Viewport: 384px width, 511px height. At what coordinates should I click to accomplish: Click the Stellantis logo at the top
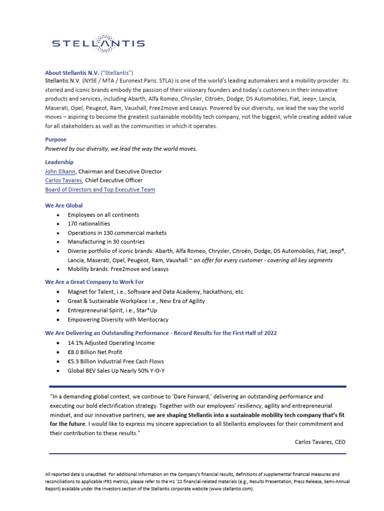point(98,43)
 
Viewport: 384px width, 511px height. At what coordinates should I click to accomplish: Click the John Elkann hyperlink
point(60,171)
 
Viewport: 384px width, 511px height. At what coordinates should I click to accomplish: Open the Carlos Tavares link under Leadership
point(63,180)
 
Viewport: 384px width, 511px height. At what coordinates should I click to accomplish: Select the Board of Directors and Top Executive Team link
point(100,189)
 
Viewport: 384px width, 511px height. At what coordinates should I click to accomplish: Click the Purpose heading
point(55,140)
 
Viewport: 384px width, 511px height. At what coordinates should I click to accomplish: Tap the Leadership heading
point(59,162)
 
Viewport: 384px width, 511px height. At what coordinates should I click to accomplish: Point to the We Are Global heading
point(64,205)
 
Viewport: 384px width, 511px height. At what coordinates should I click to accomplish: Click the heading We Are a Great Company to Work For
point(94,282)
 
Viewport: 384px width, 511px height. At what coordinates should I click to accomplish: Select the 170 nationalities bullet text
point(88,224)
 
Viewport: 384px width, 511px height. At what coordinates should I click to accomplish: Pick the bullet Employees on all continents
point(103,215)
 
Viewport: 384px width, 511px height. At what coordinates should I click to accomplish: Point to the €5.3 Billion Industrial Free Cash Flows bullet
point(115,361)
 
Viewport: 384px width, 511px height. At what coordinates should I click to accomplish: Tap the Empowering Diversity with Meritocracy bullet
point(118,319)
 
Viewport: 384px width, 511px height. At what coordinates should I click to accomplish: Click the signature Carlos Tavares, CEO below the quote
point(320,442)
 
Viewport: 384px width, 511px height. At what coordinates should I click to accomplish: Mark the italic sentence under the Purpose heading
point(121,149)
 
